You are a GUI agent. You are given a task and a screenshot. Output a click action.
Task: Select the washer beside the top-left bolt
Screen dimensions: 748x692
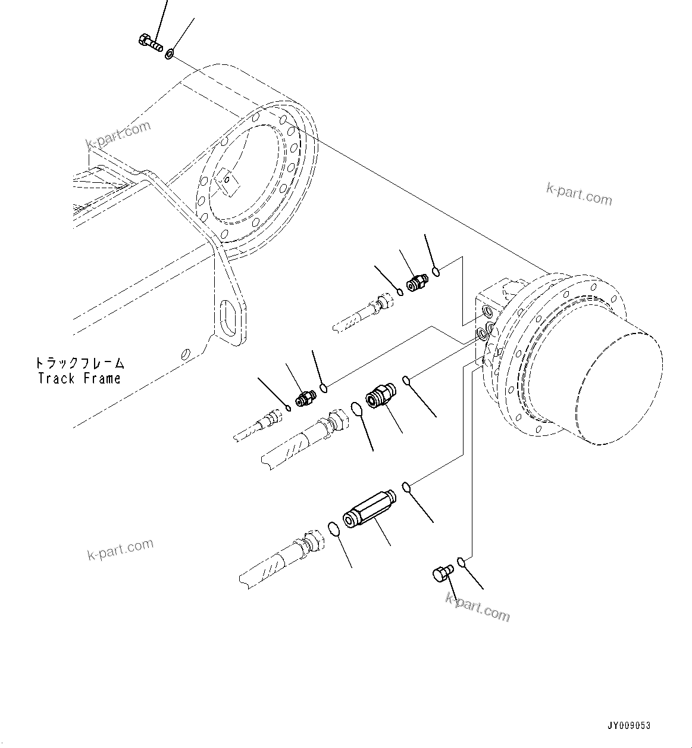click(170, 54)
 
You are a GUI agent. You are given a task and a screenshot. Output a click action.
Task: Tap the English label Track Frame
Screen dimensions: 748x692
click(79, 378)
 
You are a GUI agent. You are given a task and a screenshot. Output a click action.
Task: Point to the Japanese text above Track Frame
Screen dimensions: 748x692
click(79, 363)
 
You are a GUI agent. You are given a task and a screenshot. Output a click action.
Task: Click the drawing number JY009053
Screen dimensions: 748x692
click(629, 725)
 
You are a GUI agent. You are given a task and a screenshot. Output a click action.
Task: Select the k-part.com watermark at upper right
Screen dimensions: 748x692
click(578, 194)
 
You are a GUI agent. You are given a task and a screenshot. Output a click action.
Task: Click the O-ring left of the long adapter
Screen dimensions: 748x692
click(334, 528)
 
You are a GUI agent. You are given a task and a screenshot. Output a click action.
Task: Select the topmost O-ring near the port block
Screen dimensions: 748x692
click(436, 272)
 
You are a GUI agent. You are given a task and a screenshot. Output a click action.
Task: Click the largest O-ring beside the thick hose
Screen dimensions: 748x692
click(357, 409)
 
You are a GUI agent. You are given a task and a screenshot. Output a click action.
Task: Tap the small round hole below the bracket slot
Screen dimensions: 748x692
click(186, 354)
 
